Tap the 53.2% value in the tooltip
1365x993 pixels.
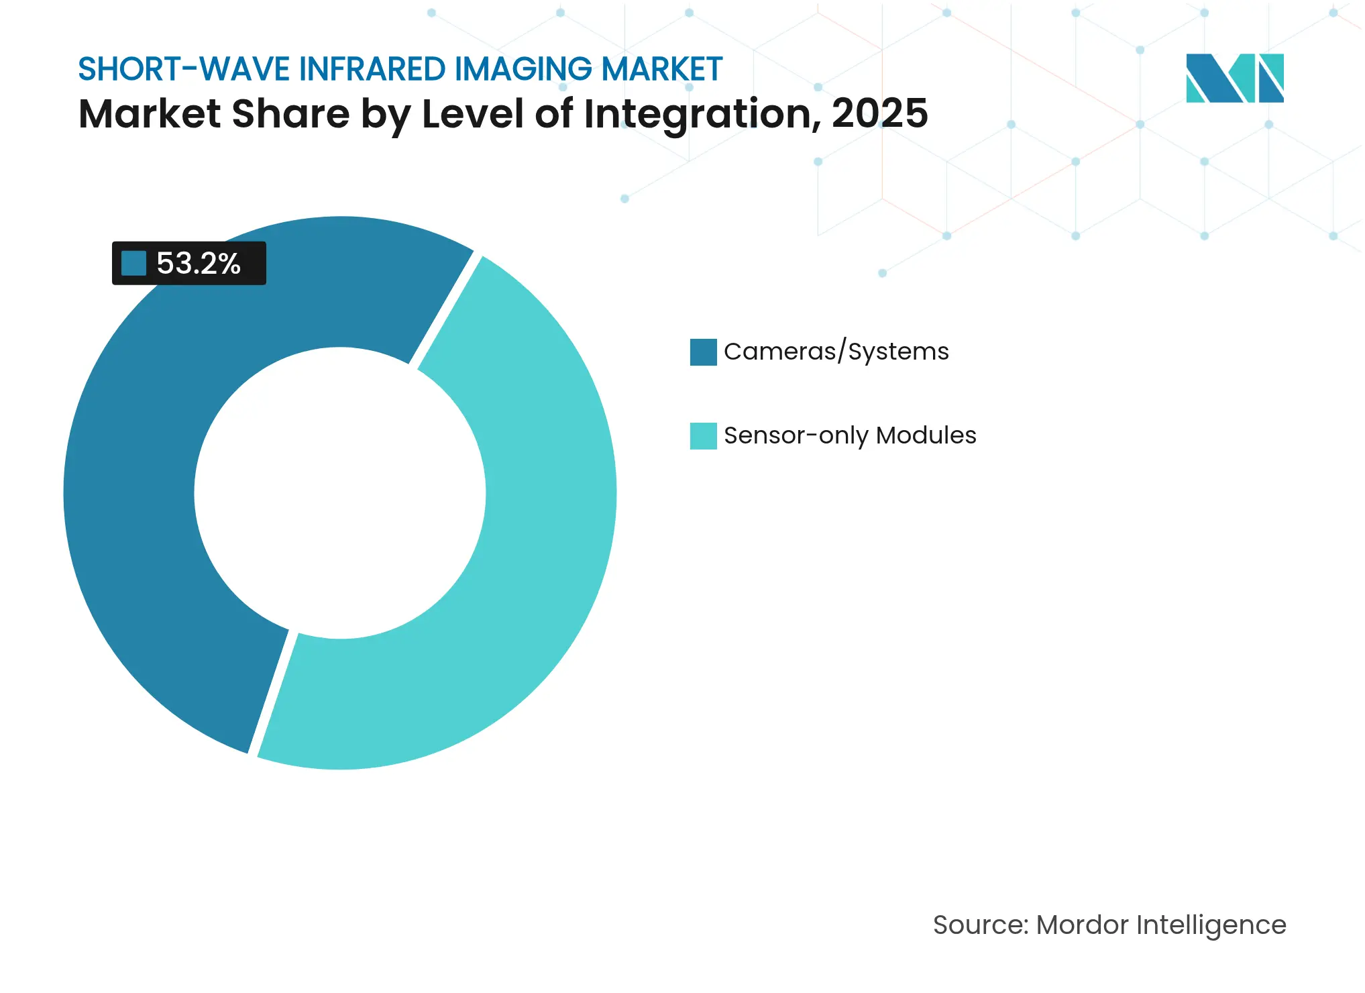tap(199, 264)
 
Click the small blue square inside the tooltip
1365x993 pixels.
tap(133, 263)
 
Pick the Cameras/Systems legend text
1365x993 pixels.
tap(836, 352)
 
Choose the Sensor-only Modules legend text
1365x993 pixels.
tap(849, 435)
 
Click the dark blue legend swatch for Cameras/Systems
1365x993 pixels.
tap(703, 352)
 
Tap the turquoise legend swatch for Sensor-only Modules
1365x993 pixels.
tap(703, 435)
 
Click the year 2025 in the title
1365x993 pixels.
tap(880, 113)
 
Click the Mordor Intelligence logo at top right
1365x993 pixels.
tap(1234, 78)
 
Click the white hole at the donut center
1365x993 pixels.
tap(340, 493)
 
